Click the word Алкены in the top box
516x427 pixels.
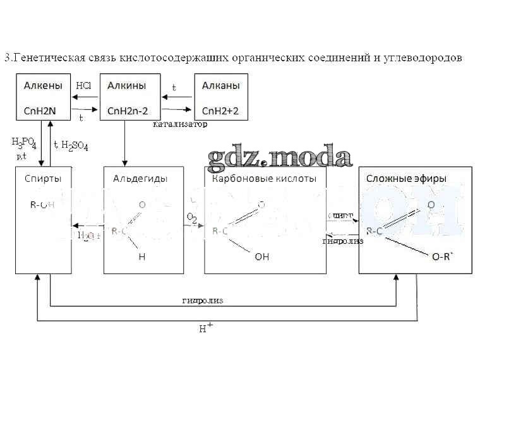[x=43, y=85]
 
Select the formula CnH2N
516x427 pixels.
[x=40, y=111]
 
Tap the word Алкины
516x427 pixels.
[x=127, y=85]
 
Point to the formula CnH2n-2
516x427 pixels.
[x=128, y=111]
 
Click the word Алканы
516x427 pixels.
[x=220, y=85]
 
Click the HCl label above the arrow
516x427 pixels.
[x=83, y=85]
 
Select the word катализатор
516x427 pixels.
[x=180, y=124]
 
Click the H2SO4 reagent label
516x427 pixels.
[x=75, y=146]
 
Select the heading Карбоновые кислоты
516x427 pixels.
[x=264, y=178]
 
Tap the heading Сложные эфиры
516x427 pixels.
[x=406, y=178]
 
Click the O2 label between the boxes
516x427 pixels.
[x=192, y=219]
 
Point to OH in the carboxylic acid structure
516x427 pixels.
[x=261, y=257]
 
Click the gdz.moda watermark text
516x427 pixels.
[x=280, y=157]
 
